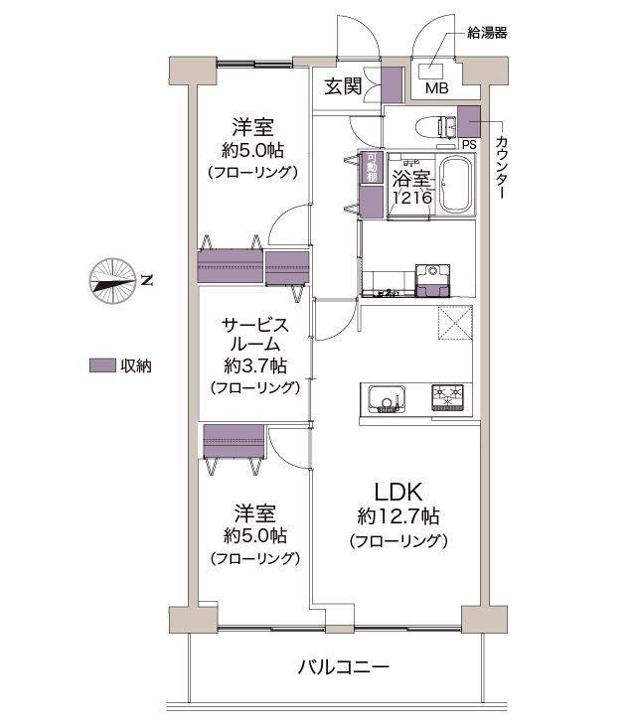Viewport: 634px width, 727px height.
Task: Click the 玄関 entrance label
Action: pyautogui.click(x=343, y=86)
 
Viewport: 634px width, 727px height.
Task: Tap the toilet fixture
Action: pyautogui.click(x=436, y=127)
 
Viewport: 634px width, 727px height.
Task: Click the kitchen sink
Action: pyautogui.click(x=387, y=399)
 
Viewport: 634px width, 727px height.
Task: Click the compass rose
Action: pyautogui.click(x=112, y=281)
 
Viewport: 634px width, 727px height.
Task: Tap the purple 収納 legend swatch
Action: pyautogui.click(x=102, y=365)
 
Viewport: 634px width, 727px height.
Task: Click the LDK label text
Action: pyautogui.click(x=397, y=492)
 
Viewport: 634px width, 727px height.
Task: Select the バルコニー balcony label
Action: pyautogui.click(x=343, y=667)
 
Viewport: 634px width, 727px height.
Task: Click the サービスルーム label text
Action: pyautogui.click(x=255, y=335)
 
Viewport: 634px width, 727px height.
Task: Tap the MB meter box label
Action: pyautogui.click(x=437, y=88)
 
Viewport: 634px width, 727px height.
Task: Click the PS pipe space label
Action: pyautogui.click(x=469, y=145)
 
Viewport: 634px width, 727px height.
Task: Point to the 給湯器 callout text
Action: pyautogui.click(x=487, y=33)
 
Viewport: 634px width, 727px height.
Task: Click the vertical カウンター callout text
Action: pyautogui.click(x=502, y=168)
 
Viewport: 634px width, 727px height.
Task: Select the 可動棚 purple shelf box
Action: pyautogui.click(x=372, y=167)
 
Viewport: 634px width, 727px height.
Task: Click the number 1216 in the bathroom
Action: pyautogui.click(x=412, y=198)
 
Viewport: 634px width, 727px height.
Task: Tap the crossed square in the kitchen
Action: pyautogui.click(x=455, y=322)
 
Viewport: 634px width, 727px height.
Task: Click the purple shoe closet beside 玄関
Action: pyautogui.click(x=392, y=85)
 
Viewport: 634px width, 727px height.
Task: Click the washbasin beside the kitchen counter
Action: pyautogui.click(x=432, y=280)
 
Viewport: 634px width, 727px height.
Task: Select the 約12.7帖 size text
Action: pyautogui.click(x=397, y=516)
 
